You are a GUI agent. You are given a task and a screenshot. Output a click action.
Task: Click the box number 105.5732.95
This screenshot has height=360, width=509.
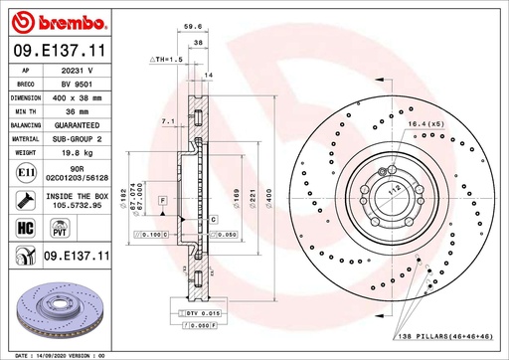[76, 204]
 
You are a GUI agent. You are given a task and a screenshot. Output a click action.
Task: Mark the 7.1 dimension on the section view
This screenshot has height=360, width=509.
[167, 122]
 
